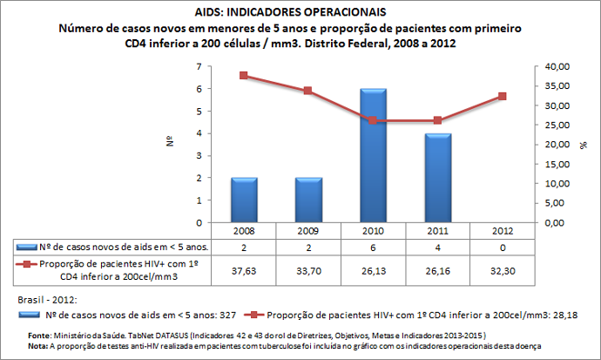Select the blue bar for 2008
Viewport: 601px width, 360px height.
pyautogui.click(x=243, y=200)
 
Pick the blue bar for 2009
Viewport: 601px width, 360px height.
pyautogui.click(x=308, y=200)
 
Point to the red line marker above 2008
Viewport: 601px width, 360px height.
pyautogui.click(x=243, y=76)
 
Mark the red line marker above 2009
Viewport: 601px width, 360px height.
pyautogui.click(x=308, y=91)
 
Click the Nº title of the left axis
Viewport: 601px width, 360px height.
pyautogui.click(x=172, y=142)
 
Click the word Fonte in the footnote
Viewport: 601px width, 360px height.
pyautogui.click(x=39, y=335)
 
